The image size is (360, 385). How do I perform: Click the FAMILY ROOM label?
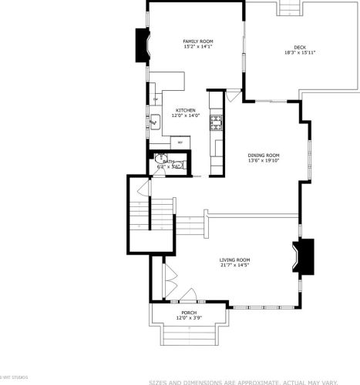tap(197, 41)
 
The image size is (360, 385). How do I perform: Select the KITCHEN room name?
tap(185, 110)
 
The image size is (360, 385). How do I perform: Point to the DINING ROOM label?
tap(263, 154)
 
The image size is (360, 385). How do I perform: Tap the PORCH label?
tap(188, 312)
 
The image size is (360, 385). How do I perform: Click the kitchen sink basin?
tap(154, 120)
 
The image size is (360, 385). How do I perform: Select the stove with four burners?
tap(217, 121)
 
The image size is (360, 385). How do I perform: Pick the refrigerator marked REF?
tap(180, 142)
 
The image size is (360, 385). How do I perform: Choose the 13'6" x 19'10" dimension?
tap(263, 160)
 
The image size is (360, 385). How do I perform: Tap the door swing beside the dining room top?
tap(234, 96)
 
